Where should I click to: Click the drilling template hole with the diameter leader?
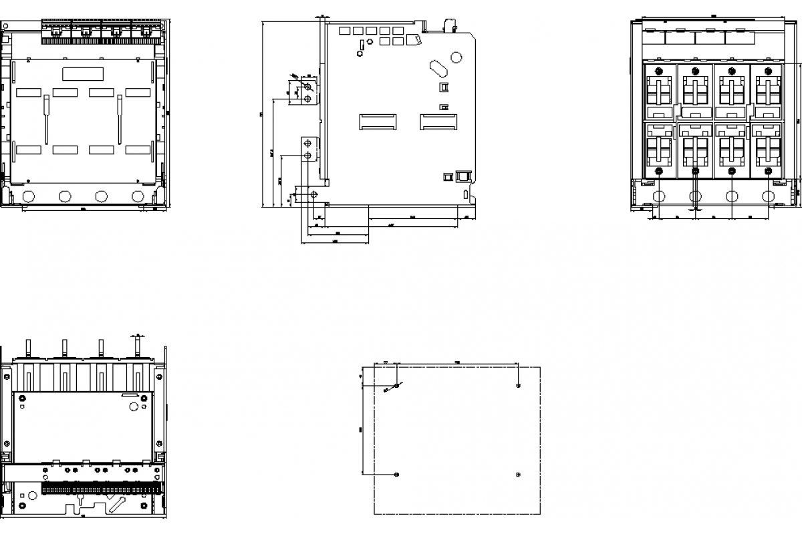tap(397, 385)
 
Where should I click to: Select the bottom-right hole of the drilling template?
tap(519, 475)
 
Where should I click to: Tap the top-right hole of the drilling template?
tap(519, 385)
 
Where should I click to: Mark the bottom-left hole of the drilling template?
tap(397, 475)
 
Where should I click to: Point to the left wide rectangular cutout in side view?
tap(378, 121)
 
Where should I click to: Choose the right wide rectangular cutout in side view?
tap(438, 121)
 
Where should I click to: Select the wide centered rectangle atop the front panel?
tap(83, 73)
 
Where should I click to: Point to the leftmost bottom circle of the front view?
tap(28, 196)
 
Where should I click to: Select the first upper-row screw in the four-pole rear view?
tap(659, 71)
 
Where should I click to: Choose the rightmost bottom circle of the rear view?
tap(769, 196)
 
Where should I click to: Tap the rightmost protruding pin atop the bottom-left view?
tap(137, 346)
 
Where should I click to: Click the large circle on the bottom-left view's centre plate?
tap(134, 406)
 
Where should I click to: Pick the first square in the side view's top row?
tap(344, 31)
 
